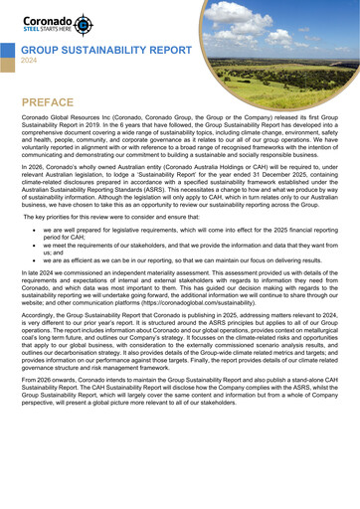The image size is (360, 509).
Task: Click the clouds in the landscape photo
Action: tap(298, 30)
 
